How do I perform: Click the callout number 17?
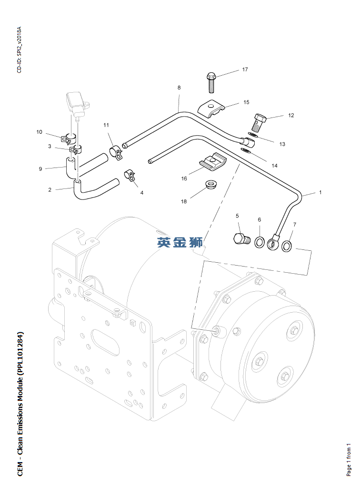tap(245, 69)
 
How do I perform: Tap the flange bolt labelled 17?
tap(211, 82)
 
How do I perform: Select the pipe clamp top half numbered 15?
tap(211, 109)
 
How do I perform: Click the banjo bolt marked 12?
tap(260, 122)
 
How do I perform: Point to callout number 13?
tap(282, 144)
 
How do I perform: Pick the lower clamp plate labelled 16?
tap(213, 162)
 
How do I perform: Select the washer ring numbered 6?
tap(260, 242)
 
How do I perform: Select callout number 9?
tap(40, 169)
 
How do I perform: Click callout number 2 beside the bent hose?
tap(50, 189)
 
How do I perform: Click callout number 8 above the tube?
tap(179, 88)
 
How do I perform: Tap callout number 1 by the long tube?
tap(320, 192)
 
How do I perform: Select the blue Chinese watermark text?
tap(180, 242)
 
